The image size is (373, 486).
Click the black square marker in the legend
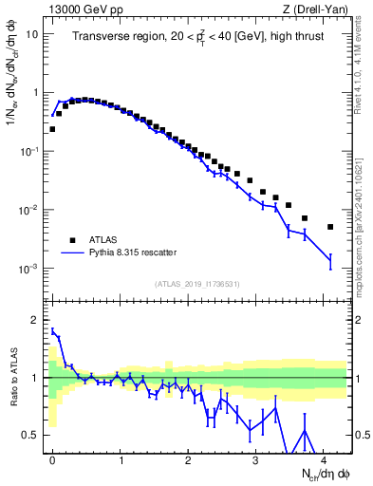click(70, 240)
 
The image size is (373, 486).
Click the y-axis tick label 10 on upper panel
click(31, 34)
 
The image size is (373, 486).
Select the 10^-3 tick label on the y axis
click(28, 269)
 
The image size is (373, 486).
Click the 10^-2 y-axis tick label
click(28, 210)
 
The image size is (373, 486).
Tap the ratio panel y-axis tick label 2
click(36, 320)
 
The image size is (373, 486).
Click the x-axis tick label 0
click(52, 459)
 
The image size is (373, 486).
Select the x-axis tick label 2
click(188, 459)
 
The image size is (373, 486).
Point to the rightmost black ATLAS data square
click(330, 227)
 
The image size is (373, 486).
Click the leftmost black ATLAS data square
click(52, 129)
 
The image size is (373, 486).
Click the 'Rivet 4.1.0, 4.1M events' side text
click(364, 57)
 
